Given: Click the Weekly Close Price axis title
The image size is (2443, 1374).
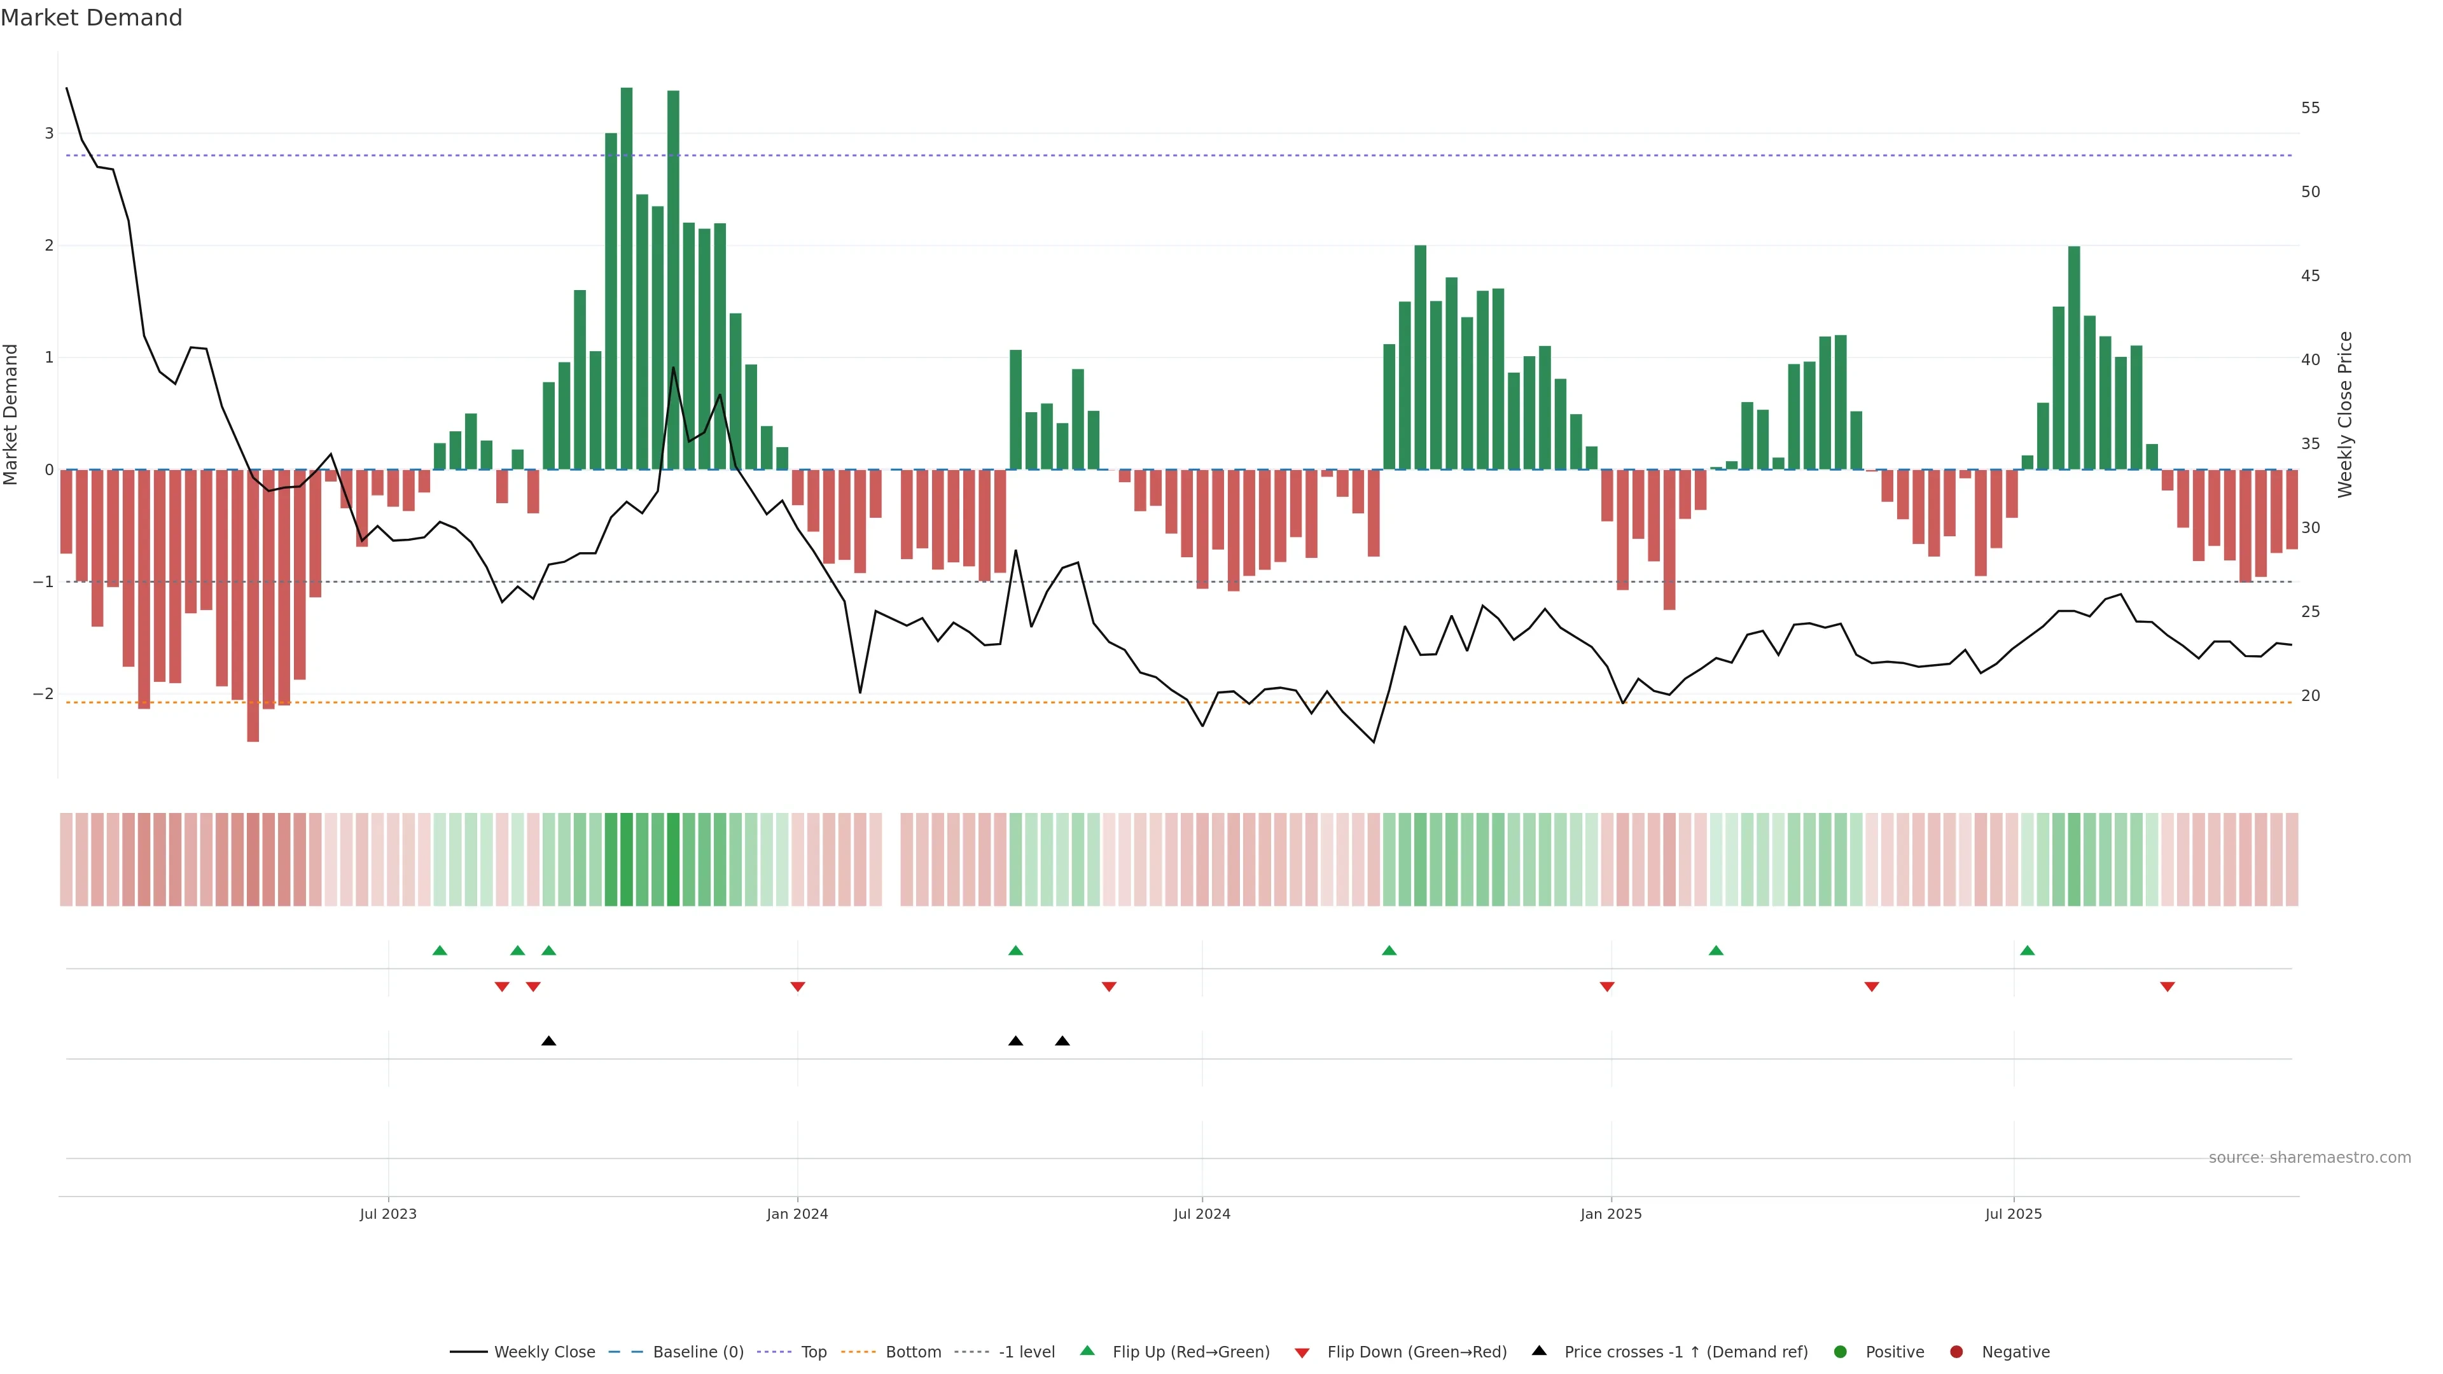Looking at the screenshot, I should click(x=2344, y=414).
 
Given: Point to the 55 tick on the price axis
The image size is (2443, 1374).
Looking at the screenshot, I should click(x=2310, y=108).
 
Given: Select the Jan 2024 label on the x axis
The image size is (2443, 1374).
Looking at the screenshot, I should click(x=797, y=1214).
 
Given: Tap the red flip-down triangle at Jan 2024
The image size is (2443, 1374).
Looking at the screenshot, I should click(x=798, y=987).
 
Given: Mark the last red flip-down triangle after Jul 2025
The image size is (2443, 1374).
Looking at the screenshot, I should click(x=2167, y=987).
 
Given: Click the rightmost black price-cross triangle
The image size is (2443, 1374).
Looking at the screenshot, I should click(x=1062, y=1041).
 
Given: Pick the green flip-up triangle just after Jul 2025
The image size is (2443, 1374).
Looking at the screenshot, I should click(x=2027, y=950).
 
